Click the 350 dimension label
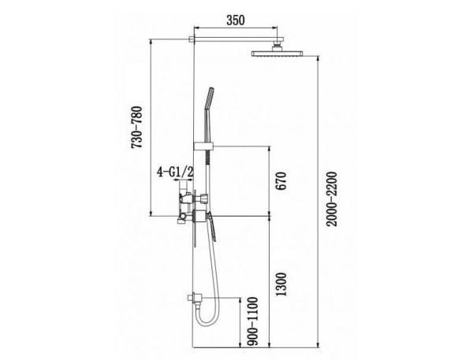coord(236,20)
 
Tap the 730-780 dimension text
coord(136,128)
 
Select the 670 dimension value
coord(281,180)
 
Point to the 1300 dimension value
coord(281,284)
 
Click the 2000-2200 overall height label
coord(332,199)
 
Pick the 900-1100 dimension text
coord(254,321)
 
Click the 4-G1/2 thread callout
coord(175,173)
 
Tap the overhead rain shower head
coord(277,54)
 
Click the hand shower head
coord(209,98)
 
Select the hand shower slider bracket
coord(203,147)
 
